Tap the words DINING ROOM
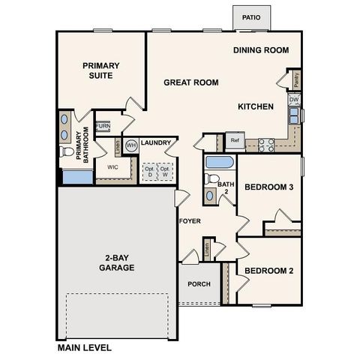tap(261, 50)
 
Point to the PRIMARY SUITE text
tap(101, 70)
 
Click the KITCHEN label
tap(256, 106)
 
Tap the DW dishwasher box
tap(295, 100)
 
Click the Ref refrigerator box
tap(235, 140)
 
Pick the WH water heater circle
tap(130, 145)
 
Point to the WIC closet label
tap(113, 167)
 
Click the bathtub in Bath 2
tap(220, 163)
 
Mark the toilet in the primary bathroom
tap(67, 153)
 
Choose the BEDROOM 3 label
tap(268, 187)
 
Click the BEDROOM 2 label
tap(268, 270)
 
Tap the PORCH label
tap(199, 284)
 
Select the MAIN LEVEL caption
tap(85, 348)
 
